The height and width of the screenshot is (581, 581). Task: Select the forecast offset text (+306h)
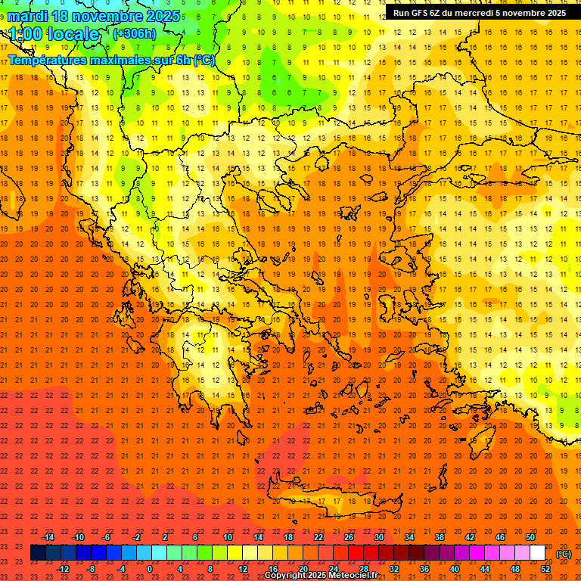[x=134, y=33]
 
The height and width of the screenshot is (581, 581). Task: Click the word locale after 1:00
[x=72, y=34]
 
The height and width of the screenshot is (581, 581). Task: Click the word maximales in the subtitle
[x=120, y=59]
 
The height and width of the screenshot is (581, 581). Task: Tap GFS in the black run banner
[x=421, y=13]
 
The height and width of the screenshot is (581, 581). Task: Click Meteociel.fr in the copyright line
[x=353, y=576]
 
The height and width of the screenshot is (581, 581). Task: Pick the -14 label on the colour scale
[x=48, y=537]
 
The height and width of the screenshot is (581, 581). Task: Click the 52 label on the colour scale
[x=545, y=569]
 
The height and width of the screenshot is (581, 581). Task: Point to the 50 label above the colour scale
[x=530, y=537]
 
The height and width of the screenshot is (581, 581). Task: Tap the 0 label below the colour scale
[x=150, y=569]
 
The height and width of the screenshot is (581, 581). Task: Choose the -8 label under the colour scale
[x=92, y=569]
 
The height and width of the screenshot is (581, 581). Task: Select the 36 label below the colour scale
[x=424, y=569]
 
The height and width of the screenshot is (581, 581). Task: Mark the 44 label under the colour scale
[x=485, y=569]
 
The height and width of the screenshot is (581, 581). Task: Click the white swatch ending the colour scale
[x=537, y=553]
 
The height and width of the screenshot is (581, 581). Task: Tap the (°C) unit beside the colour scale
[x=564, y=554]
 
